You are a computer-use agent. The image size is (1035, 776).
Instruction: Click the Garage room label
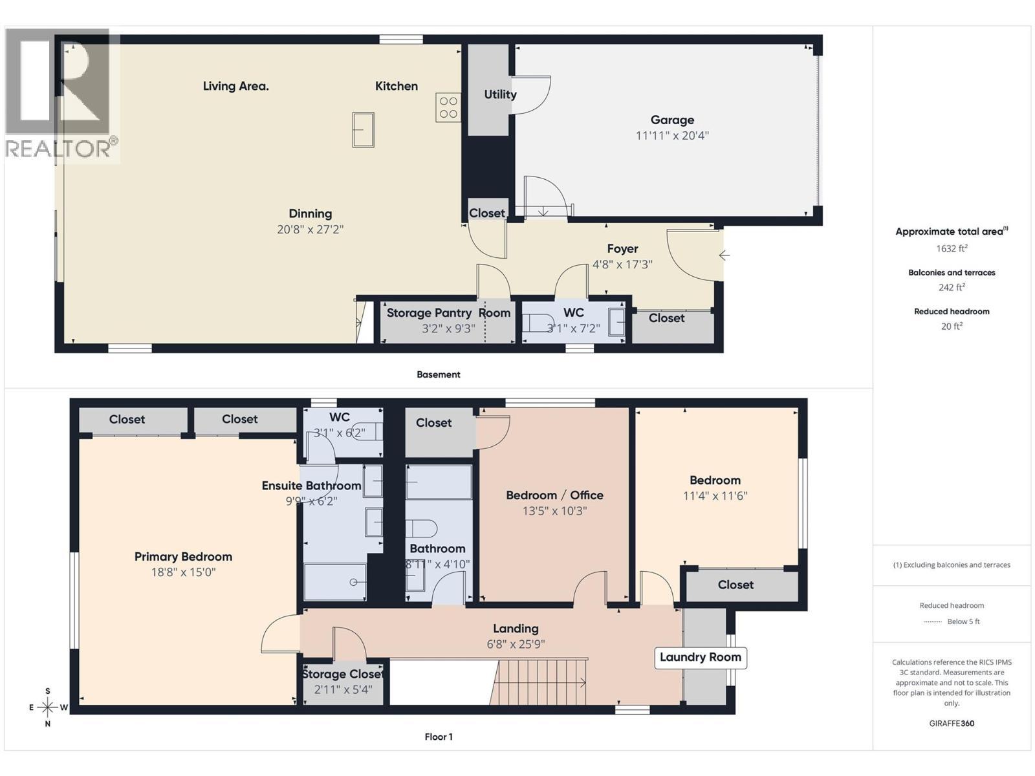pos(672,120)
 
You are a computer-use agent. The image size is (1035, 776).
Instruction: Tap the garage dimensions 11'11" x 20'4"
pos(672,136)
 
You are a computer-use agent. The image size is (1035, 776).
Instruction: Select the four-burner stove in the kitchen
pos(448,107)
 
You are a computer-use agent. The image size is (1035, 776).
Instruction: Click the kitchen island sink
pos(363,129)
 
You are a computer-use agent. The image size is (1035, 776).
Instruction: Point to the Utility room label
pos(500,94)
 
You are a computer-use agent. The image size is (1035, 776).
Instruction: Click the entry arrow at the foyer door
pos(724,255)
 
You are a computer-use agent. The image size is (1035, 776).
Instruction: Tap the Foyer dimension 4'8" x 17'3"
pos(622,264)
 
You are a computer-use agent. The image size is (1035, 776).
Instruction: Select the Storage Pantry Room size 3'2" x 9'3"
pos(448,329)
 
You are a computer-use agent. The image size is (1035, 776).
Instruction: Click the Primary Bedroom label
pos(183,557)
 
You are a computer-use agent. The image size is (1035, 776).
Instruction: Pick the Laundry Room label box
pos(700,657)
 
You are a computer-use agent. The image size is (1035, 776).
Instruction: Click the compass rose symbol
pos(48,707)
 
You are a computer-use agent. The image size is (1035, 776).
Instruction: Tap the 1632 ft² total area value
pos(952,248)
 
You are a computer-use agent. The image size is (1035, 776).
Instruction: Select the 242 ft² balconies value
pos(952,287)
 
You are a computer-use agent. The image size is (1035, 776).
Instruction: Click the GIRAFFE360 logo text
pos(952,723)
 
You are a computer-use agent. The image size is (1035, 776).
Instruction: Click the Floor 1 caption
pos(439,737)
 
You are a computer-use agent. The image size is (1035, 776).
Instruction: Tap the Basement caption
pos(439,374)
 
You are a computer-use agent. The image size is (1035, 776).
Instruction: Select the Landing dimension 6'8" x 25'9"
pos(516,644)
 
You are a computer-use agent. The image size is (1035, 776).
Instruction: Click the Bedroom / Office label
pos(554,495)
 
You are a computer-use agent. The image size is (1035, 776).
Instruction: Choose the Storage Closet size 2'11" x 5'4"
pos(343,690)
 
